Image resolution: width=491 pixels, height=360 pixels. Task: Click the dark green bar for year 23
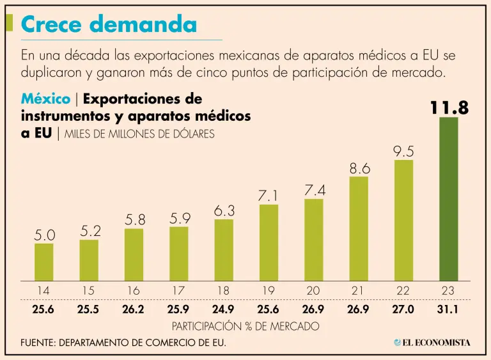tap(448, 198)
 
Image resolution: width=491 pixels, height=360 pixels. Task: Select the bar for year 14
tap(43, 262)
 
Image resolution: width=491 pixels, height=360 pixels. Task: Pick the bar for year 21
tap(359, 228)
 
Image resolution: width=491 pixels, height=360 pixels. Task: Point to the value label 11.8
tap(449, 108)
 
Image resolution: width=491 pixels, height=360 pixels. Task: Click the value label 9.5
tap(403, 152)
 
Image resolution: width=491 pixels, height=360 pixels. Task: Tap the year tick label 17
tap(178, 291)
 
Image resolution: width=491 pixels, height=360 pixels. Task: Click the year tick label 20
tap(313, 291)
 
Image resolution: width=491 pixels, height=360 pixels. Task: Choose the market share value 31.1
tap(448, 311)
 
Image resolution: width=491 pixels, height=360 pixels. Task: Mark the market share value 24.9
tap(224, 311)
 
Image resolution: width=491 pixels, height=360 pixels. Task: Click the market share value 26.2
tap(134, 311)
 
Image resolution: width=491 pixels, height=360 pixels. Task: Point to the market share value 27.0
tap(403, 311)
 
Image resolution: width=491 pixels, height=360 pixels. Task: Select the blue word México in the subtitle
tap(45, 99)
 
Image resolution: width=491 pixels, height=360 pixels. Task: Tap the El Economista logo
tap(432, 343)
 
